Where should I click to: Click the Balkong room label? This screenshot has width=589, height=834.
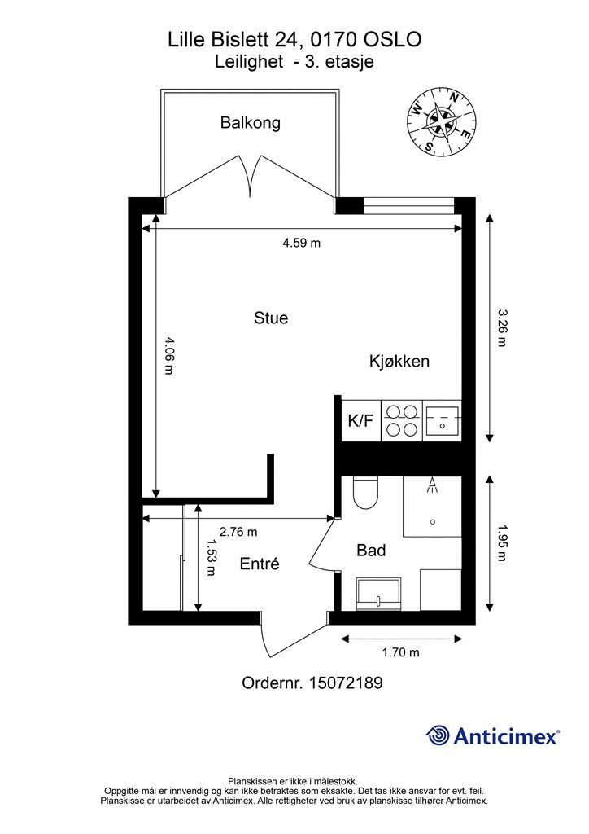[250, 123]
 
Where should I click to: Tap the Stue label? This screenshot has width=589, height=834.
[271, 318]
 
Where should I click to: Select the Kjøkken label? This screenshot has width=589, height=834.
[399, 362]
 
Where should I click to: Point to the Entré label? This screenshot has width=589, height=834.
[260, 564]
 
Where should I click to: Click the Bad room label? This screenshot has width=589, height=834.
[371, 551]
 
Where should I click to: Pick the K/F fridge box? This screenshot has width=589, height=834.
[361, 421]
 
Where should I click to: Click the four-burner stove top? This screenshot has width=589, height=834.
[402, 421]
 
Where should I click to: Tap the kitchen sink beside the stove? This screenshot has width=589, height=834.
[442, 421]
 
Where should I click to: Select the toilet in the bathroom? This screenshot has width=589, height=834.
[365, 492]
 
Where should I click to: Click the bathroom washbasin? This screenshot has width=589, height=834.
[378, 595]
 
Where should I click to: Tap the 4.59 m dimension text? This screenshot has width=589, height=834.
[301, 244]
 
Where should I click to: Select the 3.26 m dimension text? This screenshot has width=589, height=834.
[501, 327]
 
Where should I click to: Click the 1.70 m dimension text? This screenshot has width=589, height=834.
[401, 652]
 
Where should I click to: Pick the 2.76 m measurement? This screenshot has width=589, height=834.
[238, 532]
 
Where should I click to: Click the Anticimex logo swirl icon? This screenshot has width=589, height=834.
[438, 735]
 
